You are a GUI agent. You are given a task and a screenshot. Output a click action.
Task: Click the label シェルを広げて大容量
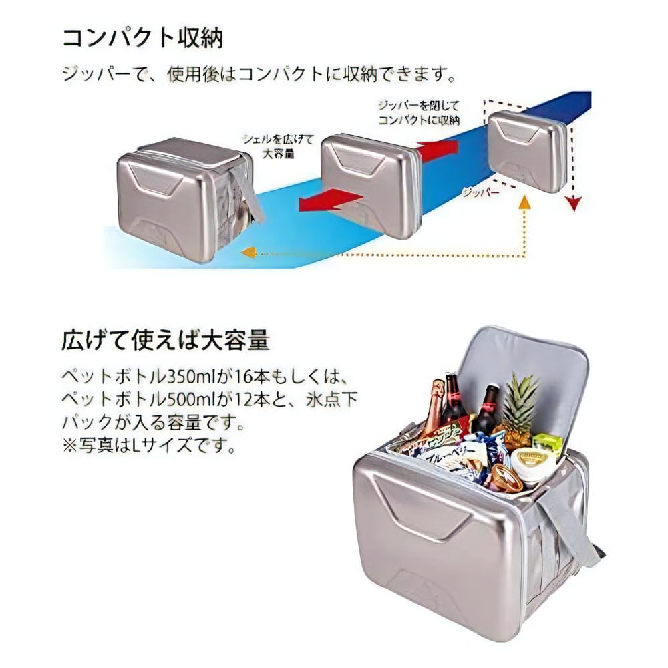tap(269, 146)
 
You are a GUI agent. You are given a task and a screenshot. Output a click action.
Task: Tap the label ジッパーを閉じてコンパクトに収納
tap(419, 113)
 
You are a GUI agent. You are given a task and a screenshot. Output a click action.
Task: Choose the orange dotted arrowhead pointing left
tap(248, 253)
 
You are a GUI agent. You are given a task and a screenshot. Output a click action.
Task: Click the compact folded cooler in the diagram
tap(528, 150)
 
